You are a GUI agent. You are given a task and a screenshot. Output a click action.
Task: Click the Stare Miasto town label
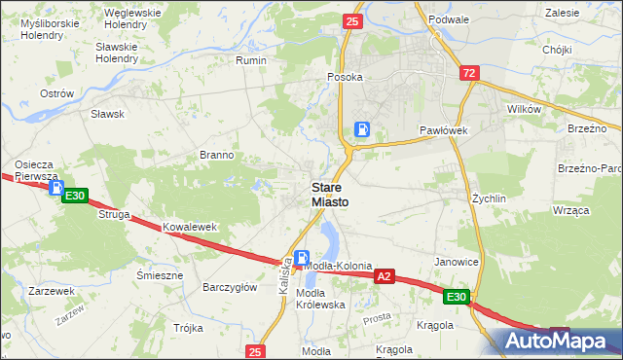click(329, 194)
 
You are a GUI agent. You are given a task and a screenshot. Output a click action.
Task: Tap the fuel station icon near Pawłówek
click(362, 129)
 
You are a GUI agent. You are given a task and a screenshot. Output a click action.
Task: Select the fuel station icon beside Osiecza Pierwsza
click(56, 189)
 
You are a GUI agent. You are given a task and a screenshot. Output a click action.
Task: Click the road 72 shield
click(470, 73)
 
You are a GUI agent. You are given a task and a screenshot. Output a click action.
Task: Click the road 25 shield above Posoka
click(352, 20)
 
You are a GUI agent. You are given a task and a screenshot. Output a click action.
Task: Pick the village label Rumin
click(251, 60)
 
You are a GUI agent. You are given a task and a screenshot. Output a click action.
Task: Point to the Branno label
click(216, 155)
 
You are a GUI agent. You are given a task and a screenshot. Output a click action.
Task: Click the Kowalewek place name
click(189, 227)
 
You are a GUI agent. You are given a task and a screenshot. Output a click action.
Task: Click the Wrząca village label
click(571, 210)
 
